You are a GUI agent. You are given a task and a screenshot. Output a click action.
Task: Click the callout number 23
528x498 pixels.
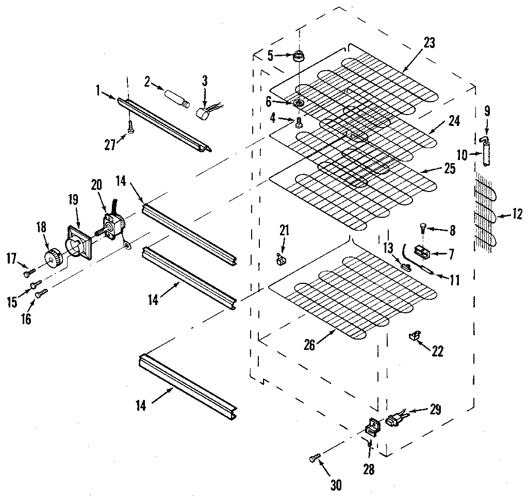[x=429, y=43]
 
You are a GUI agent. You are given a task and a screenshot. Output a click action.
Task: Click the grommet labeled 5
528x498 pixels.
[x=298, y=56]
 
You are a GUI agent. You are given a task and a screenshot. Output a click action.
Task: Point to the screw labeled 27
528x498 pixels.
[x=130, y=125]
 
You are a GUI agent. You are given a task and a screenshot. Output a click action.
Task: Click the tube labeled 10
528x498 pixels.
[x=485, y=155]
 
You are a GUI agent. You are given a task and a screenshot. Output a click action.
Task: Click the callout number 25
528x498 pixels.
[x=449, y=168]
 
